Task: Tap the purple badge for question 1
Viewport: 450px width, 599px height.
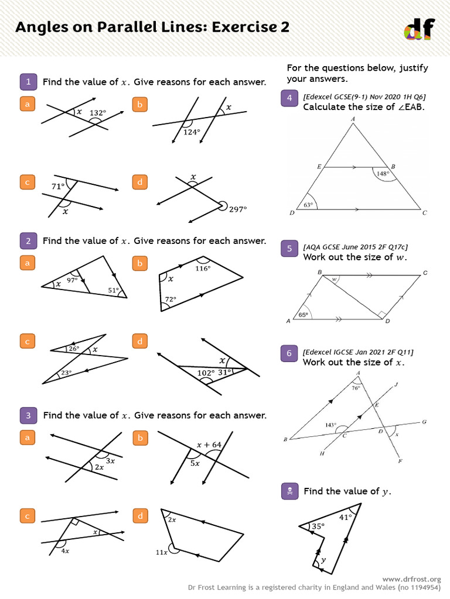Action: pyautogui.click(x=28, y=81)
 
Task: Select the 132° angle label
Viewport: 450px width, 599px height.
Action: pyautogui.click(x=97, y=113)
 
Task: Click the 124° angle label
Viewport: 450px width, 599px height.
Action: pyautogui.click(x=192, y=132)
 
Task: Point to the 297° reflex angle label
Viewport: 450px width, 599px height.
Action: pyautogui.click(x=238, y=209)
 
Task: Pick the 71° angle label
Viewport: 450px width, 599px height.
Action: pyautogui.click(x=57, y=187)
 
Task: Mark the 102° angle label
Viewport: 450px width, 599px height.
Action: pyautogui.click(x=205, y=371)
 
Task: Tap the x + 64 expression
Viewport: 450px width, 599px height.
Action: pyautogui.click(x=209, y=445)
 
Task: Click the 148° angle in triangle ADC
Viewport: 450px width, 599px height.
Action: pyautogui.click(x=382, y=173)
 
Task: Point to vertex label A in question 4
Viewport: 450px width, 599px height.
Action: pyautogui.click(x=353, y=119)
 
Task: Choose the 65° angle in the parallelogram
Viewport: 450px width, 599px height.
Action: pyautogui.click(x=303, y=315)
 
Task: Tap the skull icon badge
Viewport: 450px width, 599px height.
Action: pyautogui.click(x=289, y=491)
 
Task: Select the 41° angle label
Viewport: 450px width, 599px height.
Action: pyautogui.click(x=345, y=517)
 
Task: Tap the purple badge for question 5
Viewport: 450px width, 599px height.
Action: pyautogui.click(x=289, y=250)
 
